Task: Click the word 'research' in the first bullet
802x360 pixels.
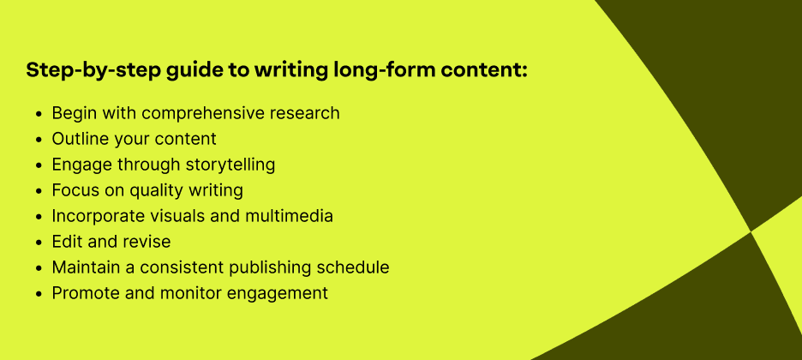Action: [x=305, y=113]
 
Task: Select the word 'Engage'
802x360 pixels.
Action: [x=81, y=165]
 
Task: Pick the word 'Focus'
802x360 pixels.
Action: [x=75, y=190]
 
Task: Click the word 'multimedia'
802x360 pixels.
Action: [x=290, y=216]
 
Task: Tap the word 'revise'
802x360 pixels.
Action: [x=146, y=242]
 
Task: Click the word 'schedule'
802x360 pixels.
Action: [x=353, y=267]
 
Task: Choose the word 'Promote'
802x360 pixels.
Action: [x=84, y=293]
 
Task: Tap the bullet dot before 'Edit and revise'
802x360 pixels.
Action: [x=38, y=243]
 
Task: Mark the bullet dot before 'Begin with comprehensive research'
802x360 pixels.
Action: [x=38, y=114]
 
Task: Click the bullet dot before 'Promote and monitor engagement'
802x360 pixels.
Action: [x=38, y=294]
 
